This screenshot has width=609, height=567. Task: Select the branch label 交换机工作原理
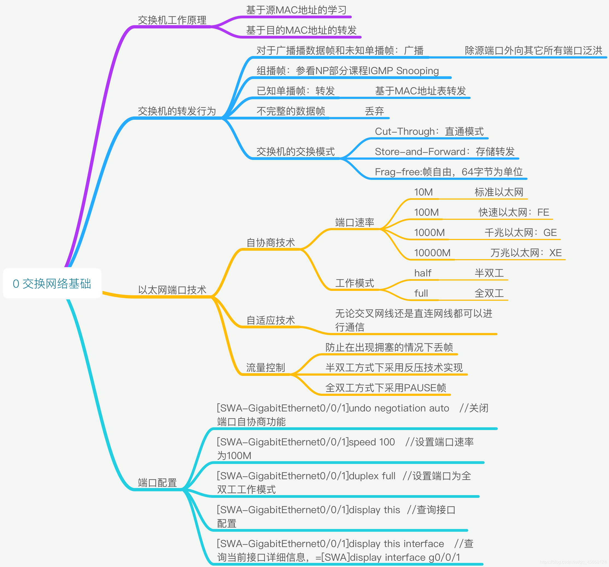(172, 20)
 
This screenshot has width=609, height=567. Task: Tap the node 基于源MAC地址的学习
(296, 10)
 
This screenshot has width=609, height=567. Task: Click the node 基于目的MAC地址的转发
(301, 30)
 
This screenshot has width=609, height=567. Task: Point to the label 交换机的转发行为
(177, 111)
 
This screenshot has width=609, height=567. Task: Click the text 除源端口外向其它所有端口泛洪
(533, 51)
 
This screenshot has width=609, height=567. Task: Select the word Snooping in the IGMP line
(417, 71)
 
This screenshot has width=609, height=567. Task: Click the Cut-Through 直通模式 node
(429, 131)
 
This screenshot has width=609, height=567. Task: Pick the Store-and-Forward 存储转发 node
(444, 152)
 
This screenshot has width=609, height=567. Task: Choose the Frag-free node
(449, 172)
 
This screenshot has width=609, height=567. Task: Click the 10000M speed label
(432, 253)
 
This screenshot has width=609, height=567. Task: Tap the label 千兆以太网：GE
(520, 232)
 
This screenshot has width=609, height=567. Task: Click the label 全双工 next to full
(489, 293)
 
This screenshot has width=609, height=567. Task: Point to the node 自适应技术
(271, 320)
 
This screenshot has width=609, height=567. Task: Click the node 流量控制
(265, 368)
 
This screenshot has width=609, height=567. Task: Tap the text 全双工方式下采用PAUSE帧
(386, 388)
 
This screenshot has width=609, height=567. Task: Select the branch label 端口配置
(157, 483)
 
